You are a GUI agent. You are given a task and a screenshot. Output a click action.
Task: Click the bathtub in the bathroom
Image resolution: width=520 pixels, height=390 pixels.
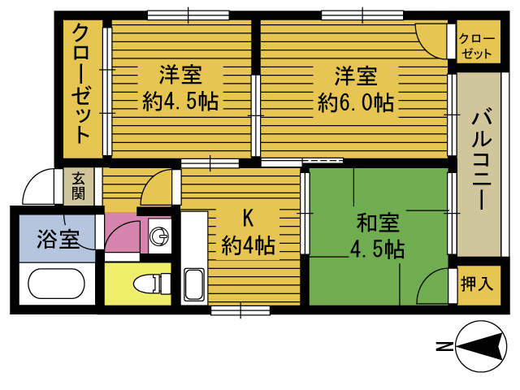tap(56, 284)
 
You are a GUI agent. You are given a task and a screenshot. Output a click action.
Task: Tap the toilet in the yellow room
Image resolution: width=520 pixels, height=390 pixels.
tap(152, 284)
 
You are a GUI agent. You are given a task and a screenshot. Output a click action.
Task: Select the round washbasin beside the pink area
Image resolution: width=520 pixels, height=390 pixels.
tap(159, 236)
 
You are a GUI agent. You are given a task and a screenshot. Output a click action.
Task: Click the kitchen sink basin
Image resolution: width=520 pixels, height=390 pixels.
tap(194, 284)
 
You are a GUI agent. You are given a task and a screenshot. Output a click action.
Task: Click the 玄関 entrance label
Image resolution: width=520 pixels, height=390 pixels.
tap(78, 186)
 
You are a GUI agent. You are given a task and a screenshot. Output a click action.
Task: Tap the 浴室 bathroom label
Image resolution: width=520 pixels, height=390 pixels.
tap(58, 238)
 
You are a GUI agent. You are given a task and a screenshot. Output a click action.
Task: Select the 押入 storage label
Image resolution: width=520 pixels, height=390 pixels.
tap(477, 284)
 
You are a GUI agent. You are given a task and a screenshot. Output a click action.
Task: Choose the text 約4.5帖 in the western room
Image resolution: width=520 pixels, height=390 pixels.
tap(180, 102)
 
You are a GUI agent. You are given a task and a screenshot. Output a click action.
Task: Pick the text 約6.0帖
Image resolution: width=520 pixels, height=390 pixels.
tap(356, 102)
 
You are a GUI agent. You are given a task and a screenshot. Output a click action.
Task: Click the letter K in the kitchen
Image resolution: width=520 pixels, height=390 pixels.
tap(248, 219)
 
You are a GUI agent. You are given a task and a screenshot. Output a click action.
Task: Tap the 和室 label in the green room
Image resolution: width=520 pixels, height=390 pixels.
tap(378, 223)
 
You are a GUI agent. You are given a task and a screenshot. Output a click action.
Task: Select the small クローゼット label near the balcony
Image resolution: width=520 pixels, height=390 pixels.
tap(477, 46)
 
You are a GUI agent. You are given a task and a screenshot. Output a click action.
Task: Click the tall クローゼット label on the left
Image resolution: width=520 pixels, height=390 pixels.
tap(81, 84)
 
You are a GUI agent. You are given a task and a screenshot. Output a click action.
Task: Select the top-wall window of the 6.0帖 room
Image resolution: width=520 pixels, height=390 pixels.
tap(362, 15)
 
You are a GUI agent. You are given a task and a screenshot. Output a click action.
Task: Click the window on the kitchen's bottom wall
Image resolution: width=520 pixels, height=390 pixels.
tap(240, 310)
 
